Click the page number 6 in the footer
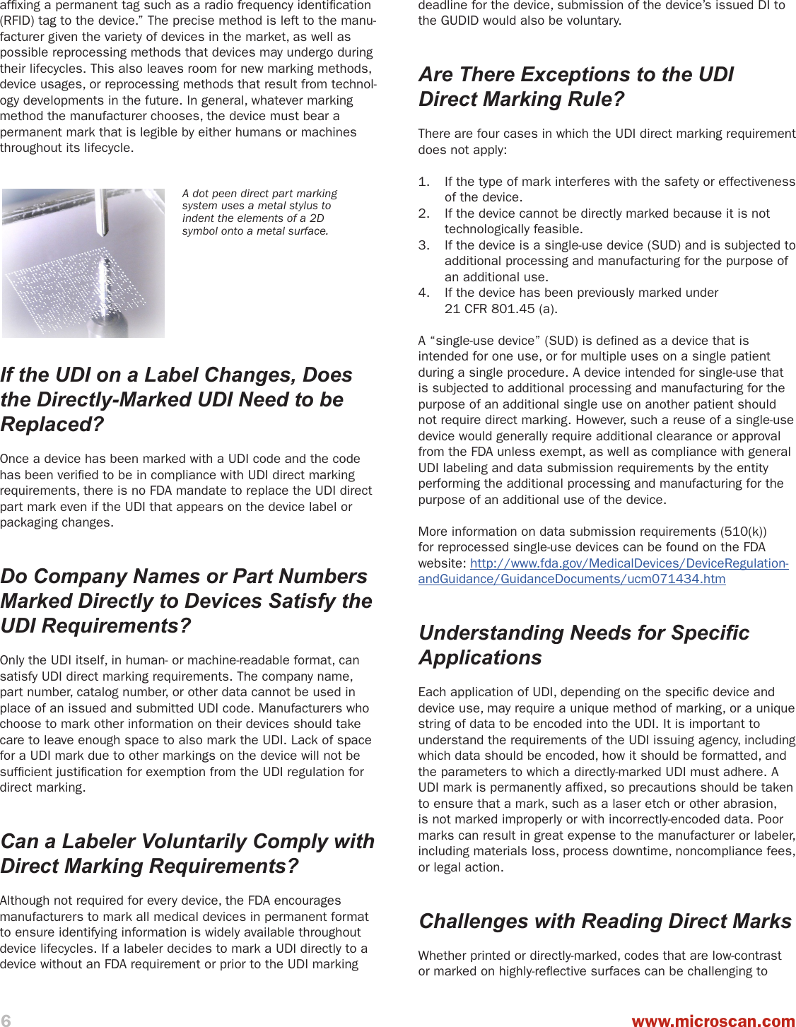click(6, 1020)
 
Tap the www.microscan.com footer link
click(713, 1021)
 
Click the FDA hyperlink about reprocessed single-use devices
click(603, 571)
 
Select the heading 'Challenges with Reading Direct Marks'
click(605, 921)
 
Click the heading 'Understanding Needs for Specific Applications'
click(583, 645)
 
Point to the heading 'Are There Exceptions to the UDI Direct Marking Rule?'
click(576, 86)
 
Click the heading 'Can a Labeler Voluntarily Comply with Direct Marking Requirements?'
click(187, 853)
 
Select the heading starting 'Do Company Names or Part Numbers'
click(186, 601)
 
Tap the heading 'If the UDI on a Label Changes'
click(176, 399)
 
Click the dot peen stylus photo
click(83, 262)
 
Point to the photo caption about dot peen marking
click(259, 212)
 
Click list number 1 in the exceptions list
click(423, 182)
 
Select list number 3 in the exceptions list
click(423, 245)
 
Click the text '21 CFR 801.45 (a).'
click(501, 308)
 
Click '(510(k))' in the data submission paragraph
click(743, 532)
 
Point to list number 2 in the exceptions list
click(423, 213)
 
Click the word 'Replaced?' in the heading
click(52, 424)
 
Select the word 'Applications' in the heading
click(480, 657)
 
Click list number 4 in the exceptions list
click(423, 293)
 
